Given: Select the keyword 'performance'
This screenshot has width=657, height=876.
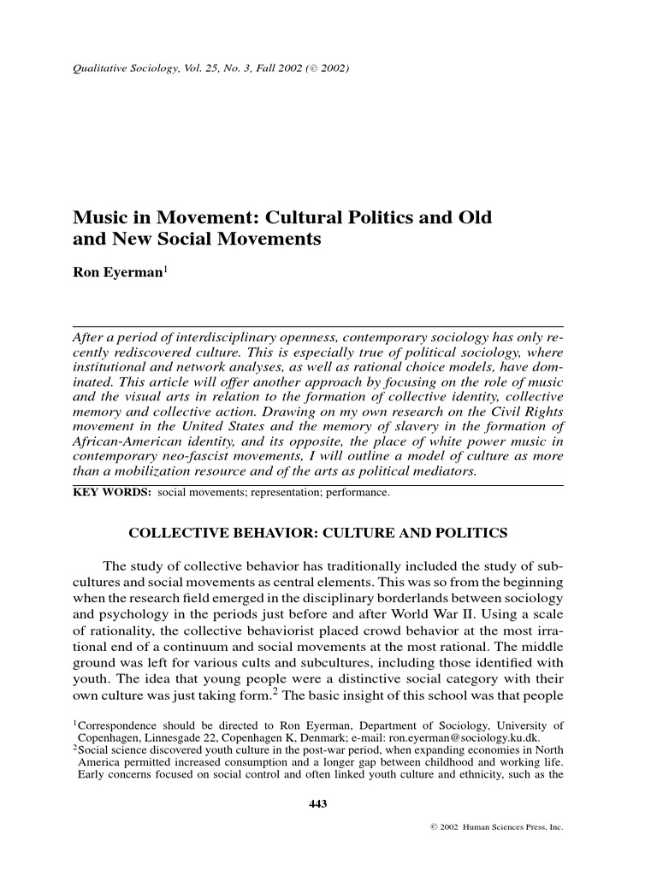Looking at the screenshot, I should [359, 494].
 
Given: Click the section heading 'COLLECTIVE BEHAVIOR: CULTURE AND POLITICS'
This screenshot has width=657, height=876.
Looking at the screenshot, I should [317, 534].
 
